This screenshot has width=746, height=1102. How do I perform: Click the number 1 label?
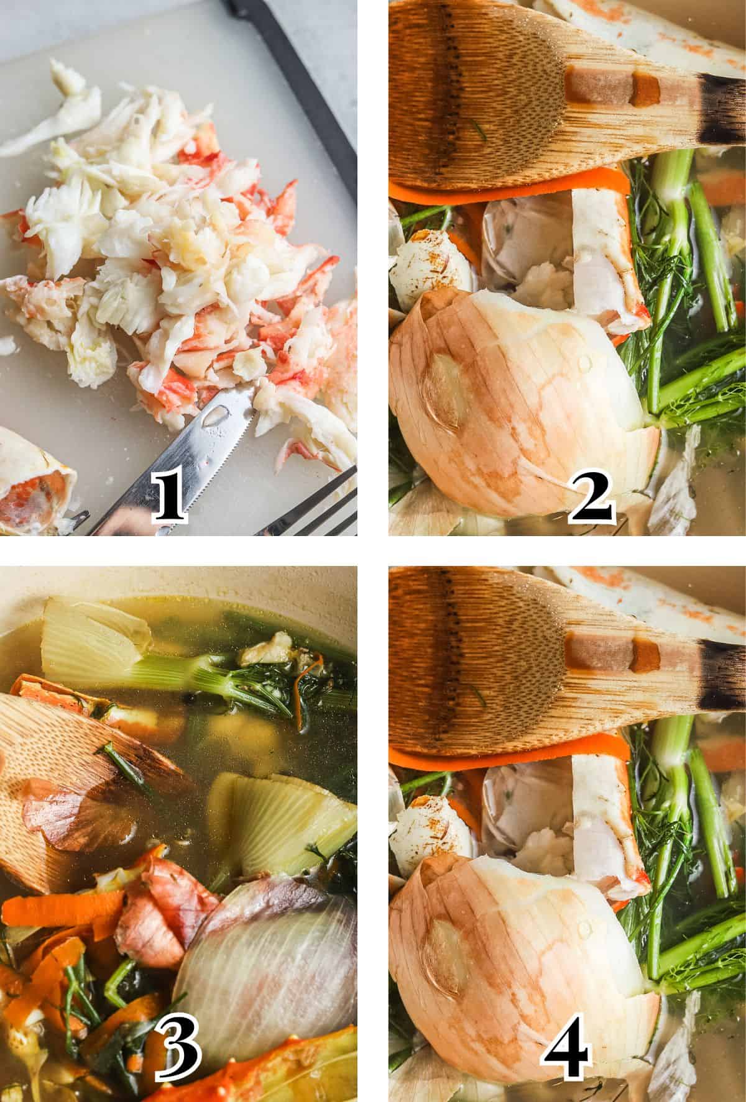click(x=169, y=499)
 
